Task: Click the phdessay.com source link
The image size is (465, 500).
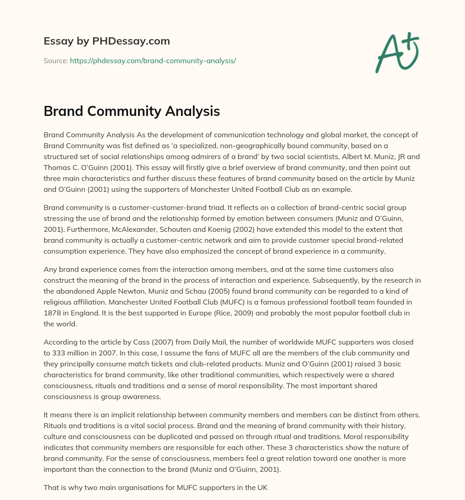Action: [x=153, y=60]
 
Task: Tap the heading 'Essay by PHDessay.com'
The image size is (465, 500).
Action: [x=107, y=41]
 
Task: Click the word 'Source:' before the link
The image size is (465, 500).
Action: [x=55, y=60]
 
